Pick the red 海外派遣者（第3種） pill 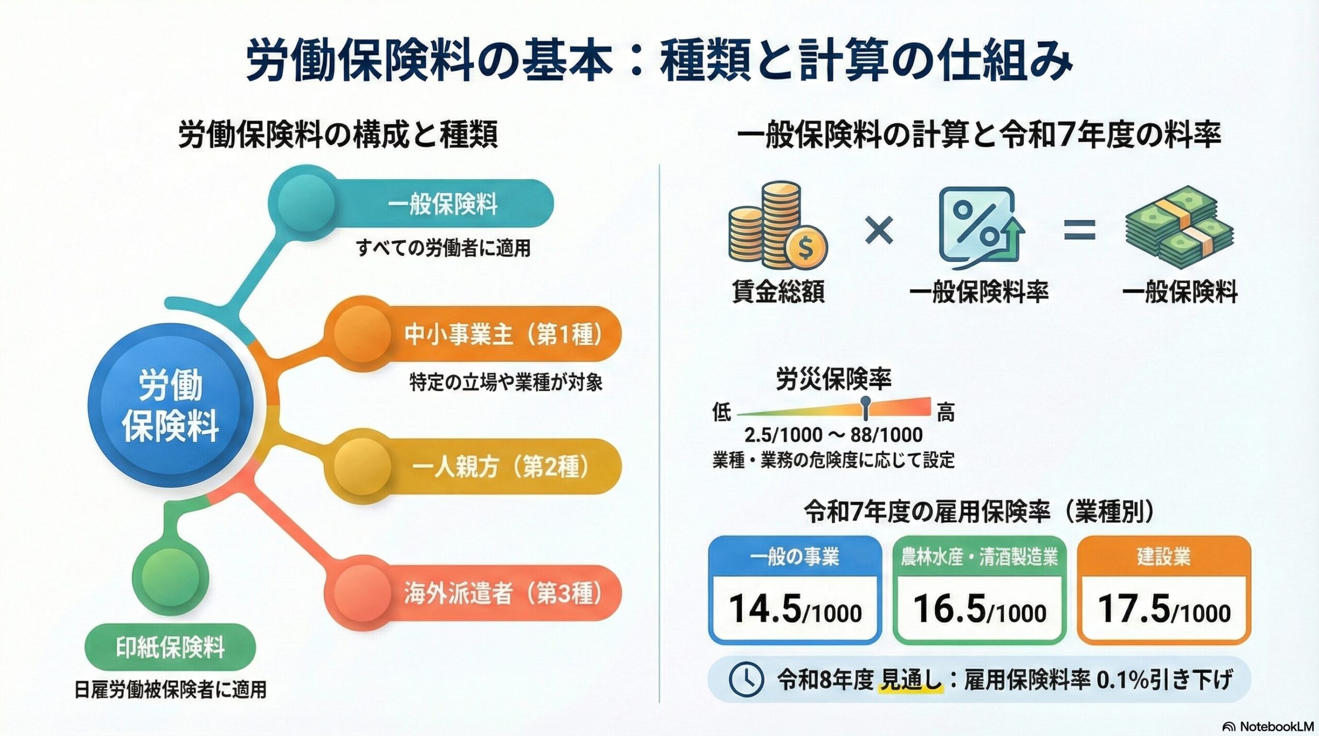pos(502,593)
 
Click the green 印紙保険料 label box pos(170,647)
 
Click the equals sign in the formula pos(1079,230)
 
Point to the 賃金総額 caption pos(778,292)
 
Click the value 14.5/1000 pos(795,610)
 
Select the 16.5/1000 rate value pos(979,610)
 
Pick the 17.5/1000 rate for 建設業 pos(1164,610)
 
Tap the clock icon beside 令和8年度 pos(746,679)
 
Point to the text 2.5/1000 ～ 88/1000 pos(833,435)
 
